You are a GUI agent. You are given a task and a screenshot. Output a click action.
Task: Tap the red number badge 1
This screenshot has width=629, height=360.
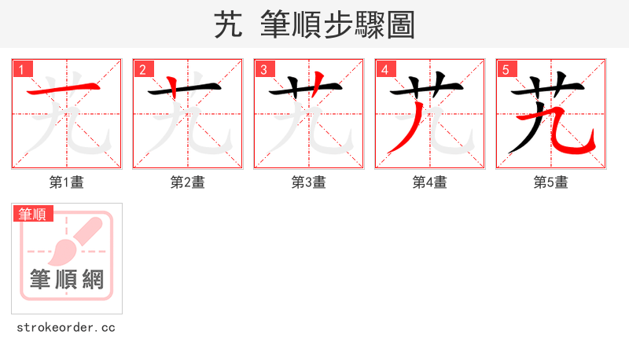point(21,69)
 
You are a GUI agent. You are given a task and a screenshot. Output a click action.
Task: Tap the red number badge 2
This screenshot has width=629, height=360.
point(142,69)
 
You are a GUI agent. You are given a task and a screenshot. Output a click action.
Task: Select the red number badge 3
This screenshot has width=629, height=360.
point(263,69)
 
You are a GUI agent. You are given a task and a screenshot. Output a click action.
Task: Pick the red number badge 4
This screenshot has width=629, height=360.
point(384,69)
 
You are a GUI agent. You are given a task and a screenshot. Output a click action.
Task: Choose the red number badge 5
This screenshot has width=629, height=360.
point(506,69)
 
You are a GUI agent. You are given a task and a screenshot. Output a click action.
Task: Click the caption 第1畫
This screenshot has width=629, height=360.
point(66,182)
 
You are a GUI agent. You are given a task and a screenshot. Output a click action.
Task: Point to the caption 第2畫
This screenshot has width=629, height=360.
point(187,182)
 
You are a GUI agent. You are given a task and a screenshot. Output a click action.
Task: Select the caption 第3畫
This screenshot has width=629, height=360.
point(308,182)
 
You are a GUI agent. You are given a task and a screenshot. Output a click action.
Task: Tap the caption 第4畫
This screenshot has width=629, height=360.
point(429,182)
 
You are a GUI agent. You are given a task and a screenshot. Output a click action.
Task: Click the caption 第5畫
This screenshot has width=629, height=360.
point(550,182)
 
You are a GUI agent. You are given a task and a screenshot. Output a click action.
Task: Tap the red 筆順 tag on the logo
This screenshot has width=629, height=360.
point(33,214)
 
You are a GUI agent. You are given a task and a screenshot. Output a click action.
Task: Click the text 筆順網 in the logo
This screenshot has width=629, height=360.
point(67,279)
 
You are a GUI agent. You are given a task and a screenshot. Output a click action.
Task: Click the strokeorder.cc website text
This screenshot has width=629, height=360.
point(66,327)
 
